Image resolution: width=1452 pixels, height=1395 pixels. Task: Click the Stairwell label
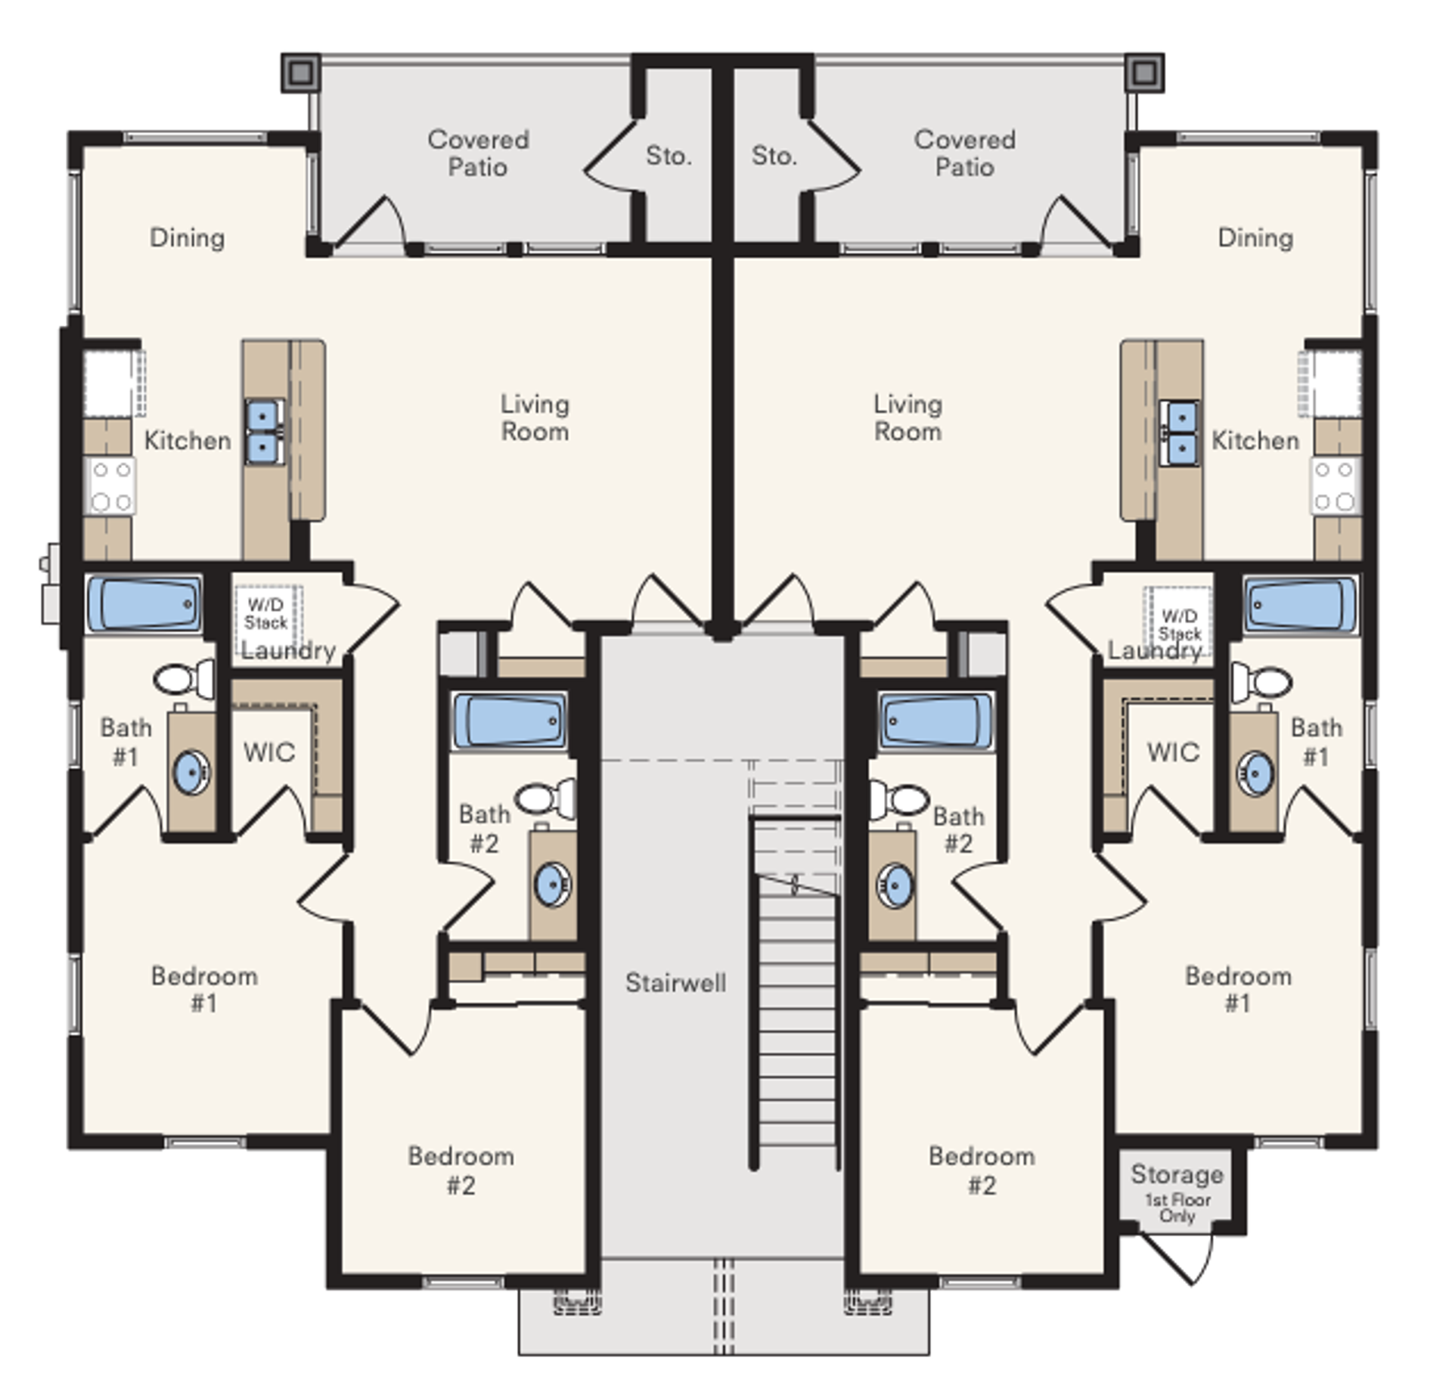(675, 982)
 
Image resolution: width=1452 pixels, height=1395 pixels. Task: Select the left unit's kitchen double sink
(262, 432)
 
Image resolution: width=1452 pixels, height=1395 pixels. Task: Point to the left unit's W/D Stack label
(265, 613)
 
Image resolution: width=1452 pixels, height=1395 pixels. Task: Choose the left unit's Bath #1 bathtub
(144, 603)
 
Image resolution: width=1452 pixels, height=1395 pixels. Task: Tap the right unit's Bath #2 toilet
(899, 798)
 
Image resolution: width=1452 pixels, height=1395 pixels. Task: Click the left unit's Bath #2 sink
(554, 883)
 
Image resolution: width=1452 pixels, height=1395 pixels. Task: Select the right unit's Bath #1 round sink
(1255, 772)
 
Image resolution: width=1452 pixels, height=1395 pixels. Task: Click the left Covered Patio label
(478, 153)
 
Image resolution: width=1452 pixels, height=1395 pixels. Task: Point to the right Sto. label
(774, 156)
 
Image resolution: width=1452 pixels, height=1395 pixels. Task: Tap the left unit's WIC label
(269, 752)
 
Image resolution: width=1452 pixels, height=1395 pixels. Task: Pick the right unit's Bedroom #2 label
(982, 1170)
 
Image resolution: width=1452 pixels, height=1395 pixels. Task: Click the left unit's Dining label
(187, 237)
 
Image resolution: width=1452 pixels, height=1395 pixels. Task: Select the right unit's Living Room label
(907, 417)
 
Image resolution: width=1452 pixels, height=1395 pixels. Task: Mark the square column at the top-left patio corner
(301, 73)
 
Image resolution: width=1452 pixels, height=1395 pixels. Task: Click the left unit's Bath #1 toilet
(185, 678)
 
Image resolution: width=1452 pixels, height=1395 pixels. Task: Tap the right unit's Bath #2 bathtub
(936, 721)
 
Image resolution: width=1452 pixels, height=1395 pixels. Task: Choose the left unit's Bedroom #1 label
(204, 989)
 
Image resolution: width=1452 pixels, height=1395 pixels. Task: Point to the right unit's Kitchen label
(1255, 440)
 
